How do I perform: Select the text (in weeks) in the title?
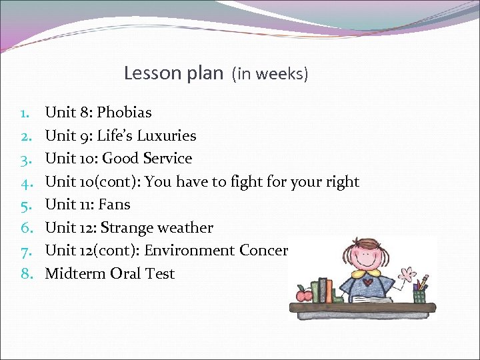click(x=270, y=73)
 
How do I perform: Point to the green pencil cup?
click(x=419, y=295)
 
